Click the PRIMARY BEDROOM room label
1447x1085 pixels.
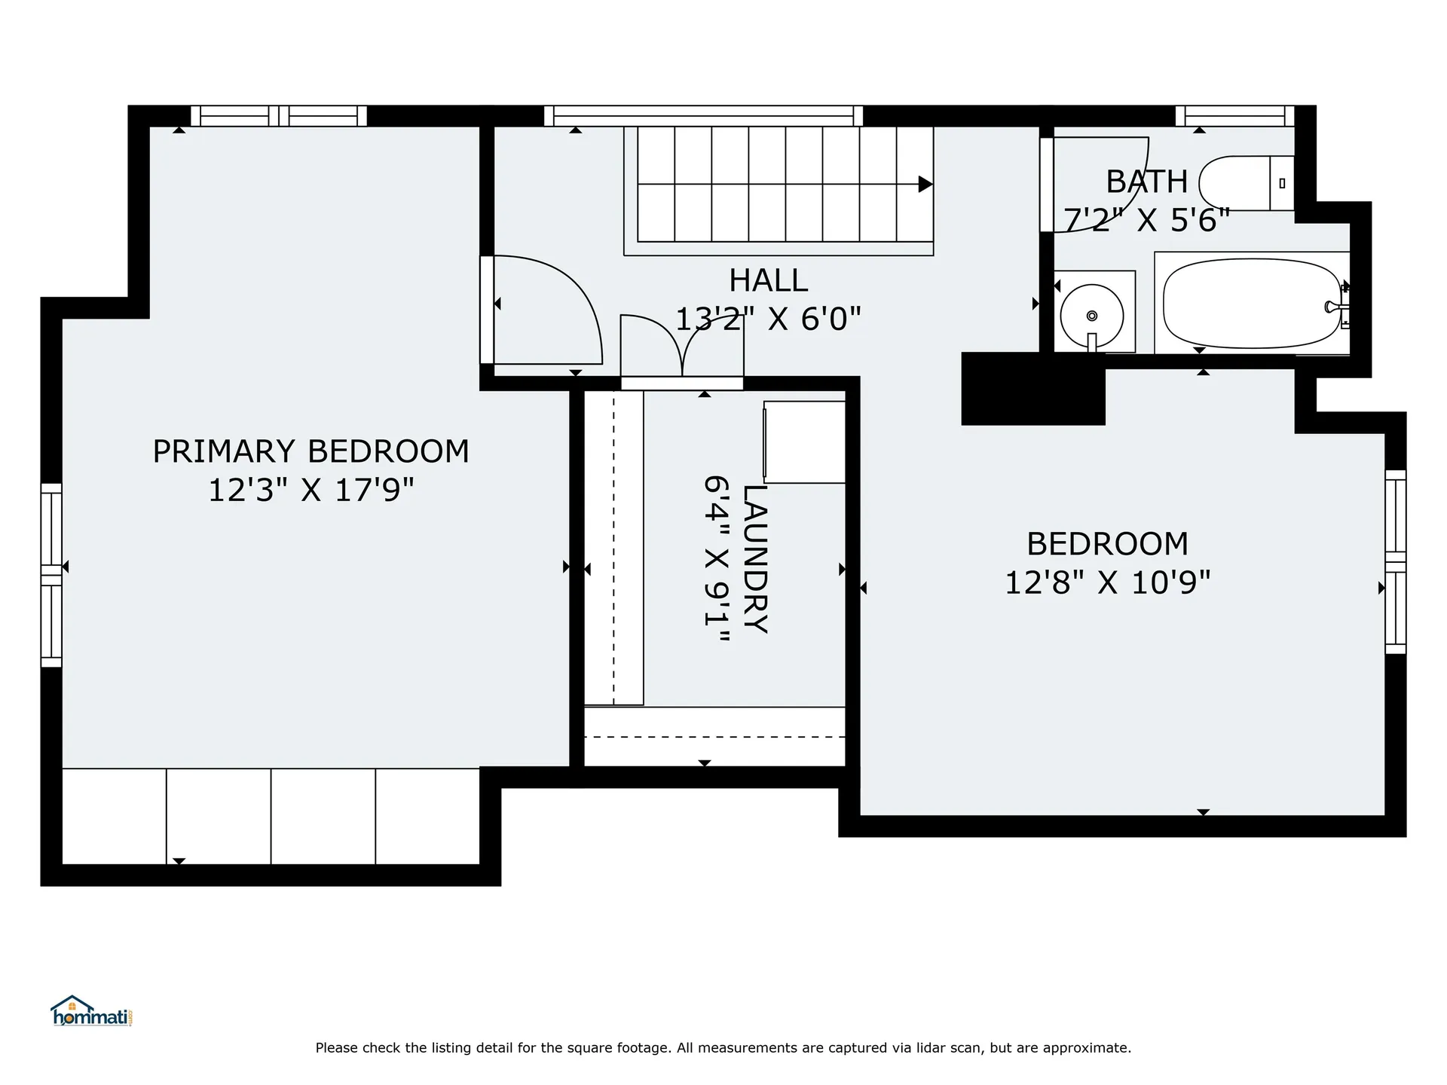coord(311,451)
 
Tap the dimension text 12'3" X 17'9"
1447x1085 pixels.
coord(311,491)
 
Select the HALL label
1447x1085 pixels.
coord(768,281)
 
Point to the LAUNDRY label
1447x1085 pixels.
coord(755,558)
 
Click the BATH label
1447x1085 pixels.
coord(1146,182)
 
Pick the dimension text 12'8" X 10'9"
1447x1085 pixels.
coord(1107,582)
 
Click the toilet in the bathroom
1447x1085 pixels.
coord(1247,183)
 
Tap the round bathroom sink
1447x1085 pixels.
coord(1092,316)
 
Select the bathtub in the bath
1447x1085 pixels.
coord(1252,304)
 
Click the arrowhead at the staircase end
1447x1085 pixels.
coord(925,184)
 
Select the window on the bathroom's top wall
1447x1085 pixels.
coord(1234,116)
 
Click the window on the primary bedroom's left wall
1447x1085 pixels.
coord(51,575)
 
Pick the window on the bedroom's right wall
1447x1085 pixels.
coord(1396,562)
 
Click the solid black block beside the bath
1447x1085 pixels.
coord(1033,389)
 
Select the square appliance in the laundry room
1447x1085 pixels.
coord(804,442)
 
